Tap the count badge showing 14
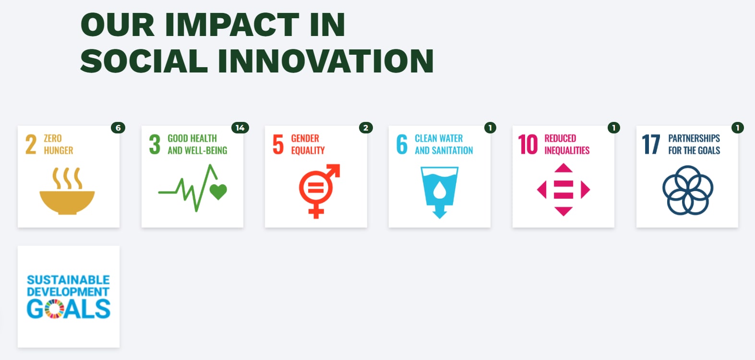click(240, 128)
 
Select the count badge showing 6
click(118, 128)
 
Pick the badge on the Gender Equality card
click(366, 128)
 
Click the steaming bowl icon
click(67, 191)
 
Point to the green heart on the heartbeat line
click(218, 192)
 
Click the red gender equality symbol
click(319, 191)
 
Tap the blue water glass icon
click(440, 192)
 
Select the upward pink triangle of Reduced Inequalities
click(563, 168)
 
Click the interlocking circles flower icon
click(688, 190)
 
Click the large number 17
click(651, 144)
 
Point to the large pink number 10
click(528, 144)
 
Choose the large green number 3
click(155, 144)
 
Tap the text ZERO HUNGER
click(58, 144)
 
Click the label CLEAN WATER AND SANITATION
click(444, 144)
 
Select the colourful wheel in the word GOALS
click(54, 309)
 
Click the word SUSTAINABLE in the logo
click(69, 280)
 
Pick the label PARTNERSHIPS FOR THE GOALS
click(695, 144)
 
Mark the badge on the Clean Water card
click(490, 128)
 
